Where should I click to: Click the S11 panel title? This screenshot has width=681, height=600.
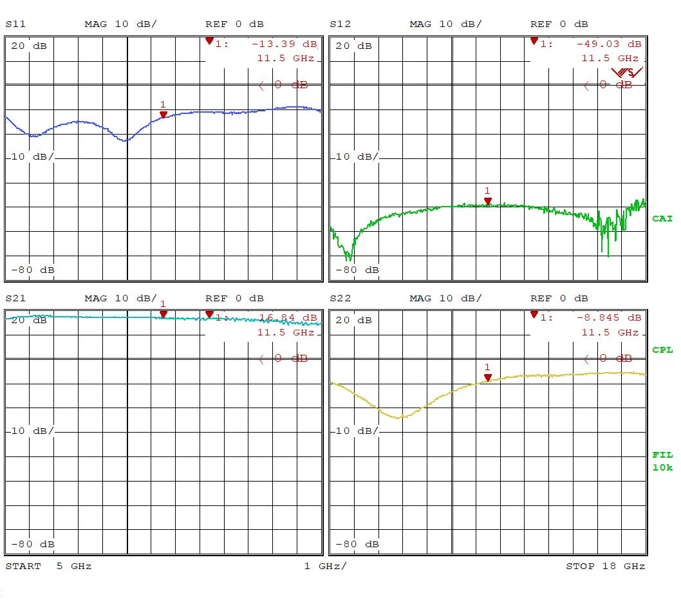pyautogui.click(x=17, y=24)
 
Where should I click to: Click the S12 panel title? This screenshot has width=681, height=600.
pyautogui.click(x=340, y=24)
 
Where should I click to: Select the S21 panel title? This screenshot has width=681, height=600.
pyautogui.click(x=17, y=299)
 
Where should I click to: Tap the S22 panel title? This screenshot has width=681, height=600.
pyautogui.click(x=340, y=299)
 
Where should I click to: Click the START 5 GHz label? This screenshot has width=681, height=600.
pyautogui.click(x=49, y=567)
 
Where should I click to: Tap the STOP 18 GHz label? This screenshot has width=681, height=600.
pyautogui.click(x=605, y=567)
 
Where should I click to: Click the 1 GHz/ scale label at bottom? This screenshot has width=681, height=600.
pyautogui.click(x=325, y=567)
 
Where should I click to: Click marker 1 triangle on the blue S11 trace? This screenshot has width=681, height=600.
pyautogui.click(x=163, y=115)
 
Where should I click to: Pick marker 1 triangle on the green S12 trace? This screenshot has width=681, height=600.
pyautogui.click(x=488, y=201)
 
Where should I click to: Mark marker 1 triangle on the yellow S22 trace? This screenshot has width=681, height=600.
pyautogui.click(x=488, y=377)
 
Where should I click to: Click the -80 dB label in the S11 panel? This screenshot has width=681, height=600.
pyautogui.click(x=33, y=270)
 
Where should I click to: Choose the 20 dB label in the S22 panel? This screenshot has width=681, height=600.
pyautogui.click(x=351, y=321)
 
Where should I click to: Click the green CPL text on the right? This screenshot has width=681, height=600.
pyautogui.click(x=662, y=350)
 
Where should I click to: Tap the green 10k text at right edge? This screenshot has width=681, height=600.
pyautogui.click(x=662, y=467)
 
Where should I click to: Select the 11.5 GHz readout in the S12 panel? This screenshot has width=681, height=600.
pyautogui.click(x=610, y=59)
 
